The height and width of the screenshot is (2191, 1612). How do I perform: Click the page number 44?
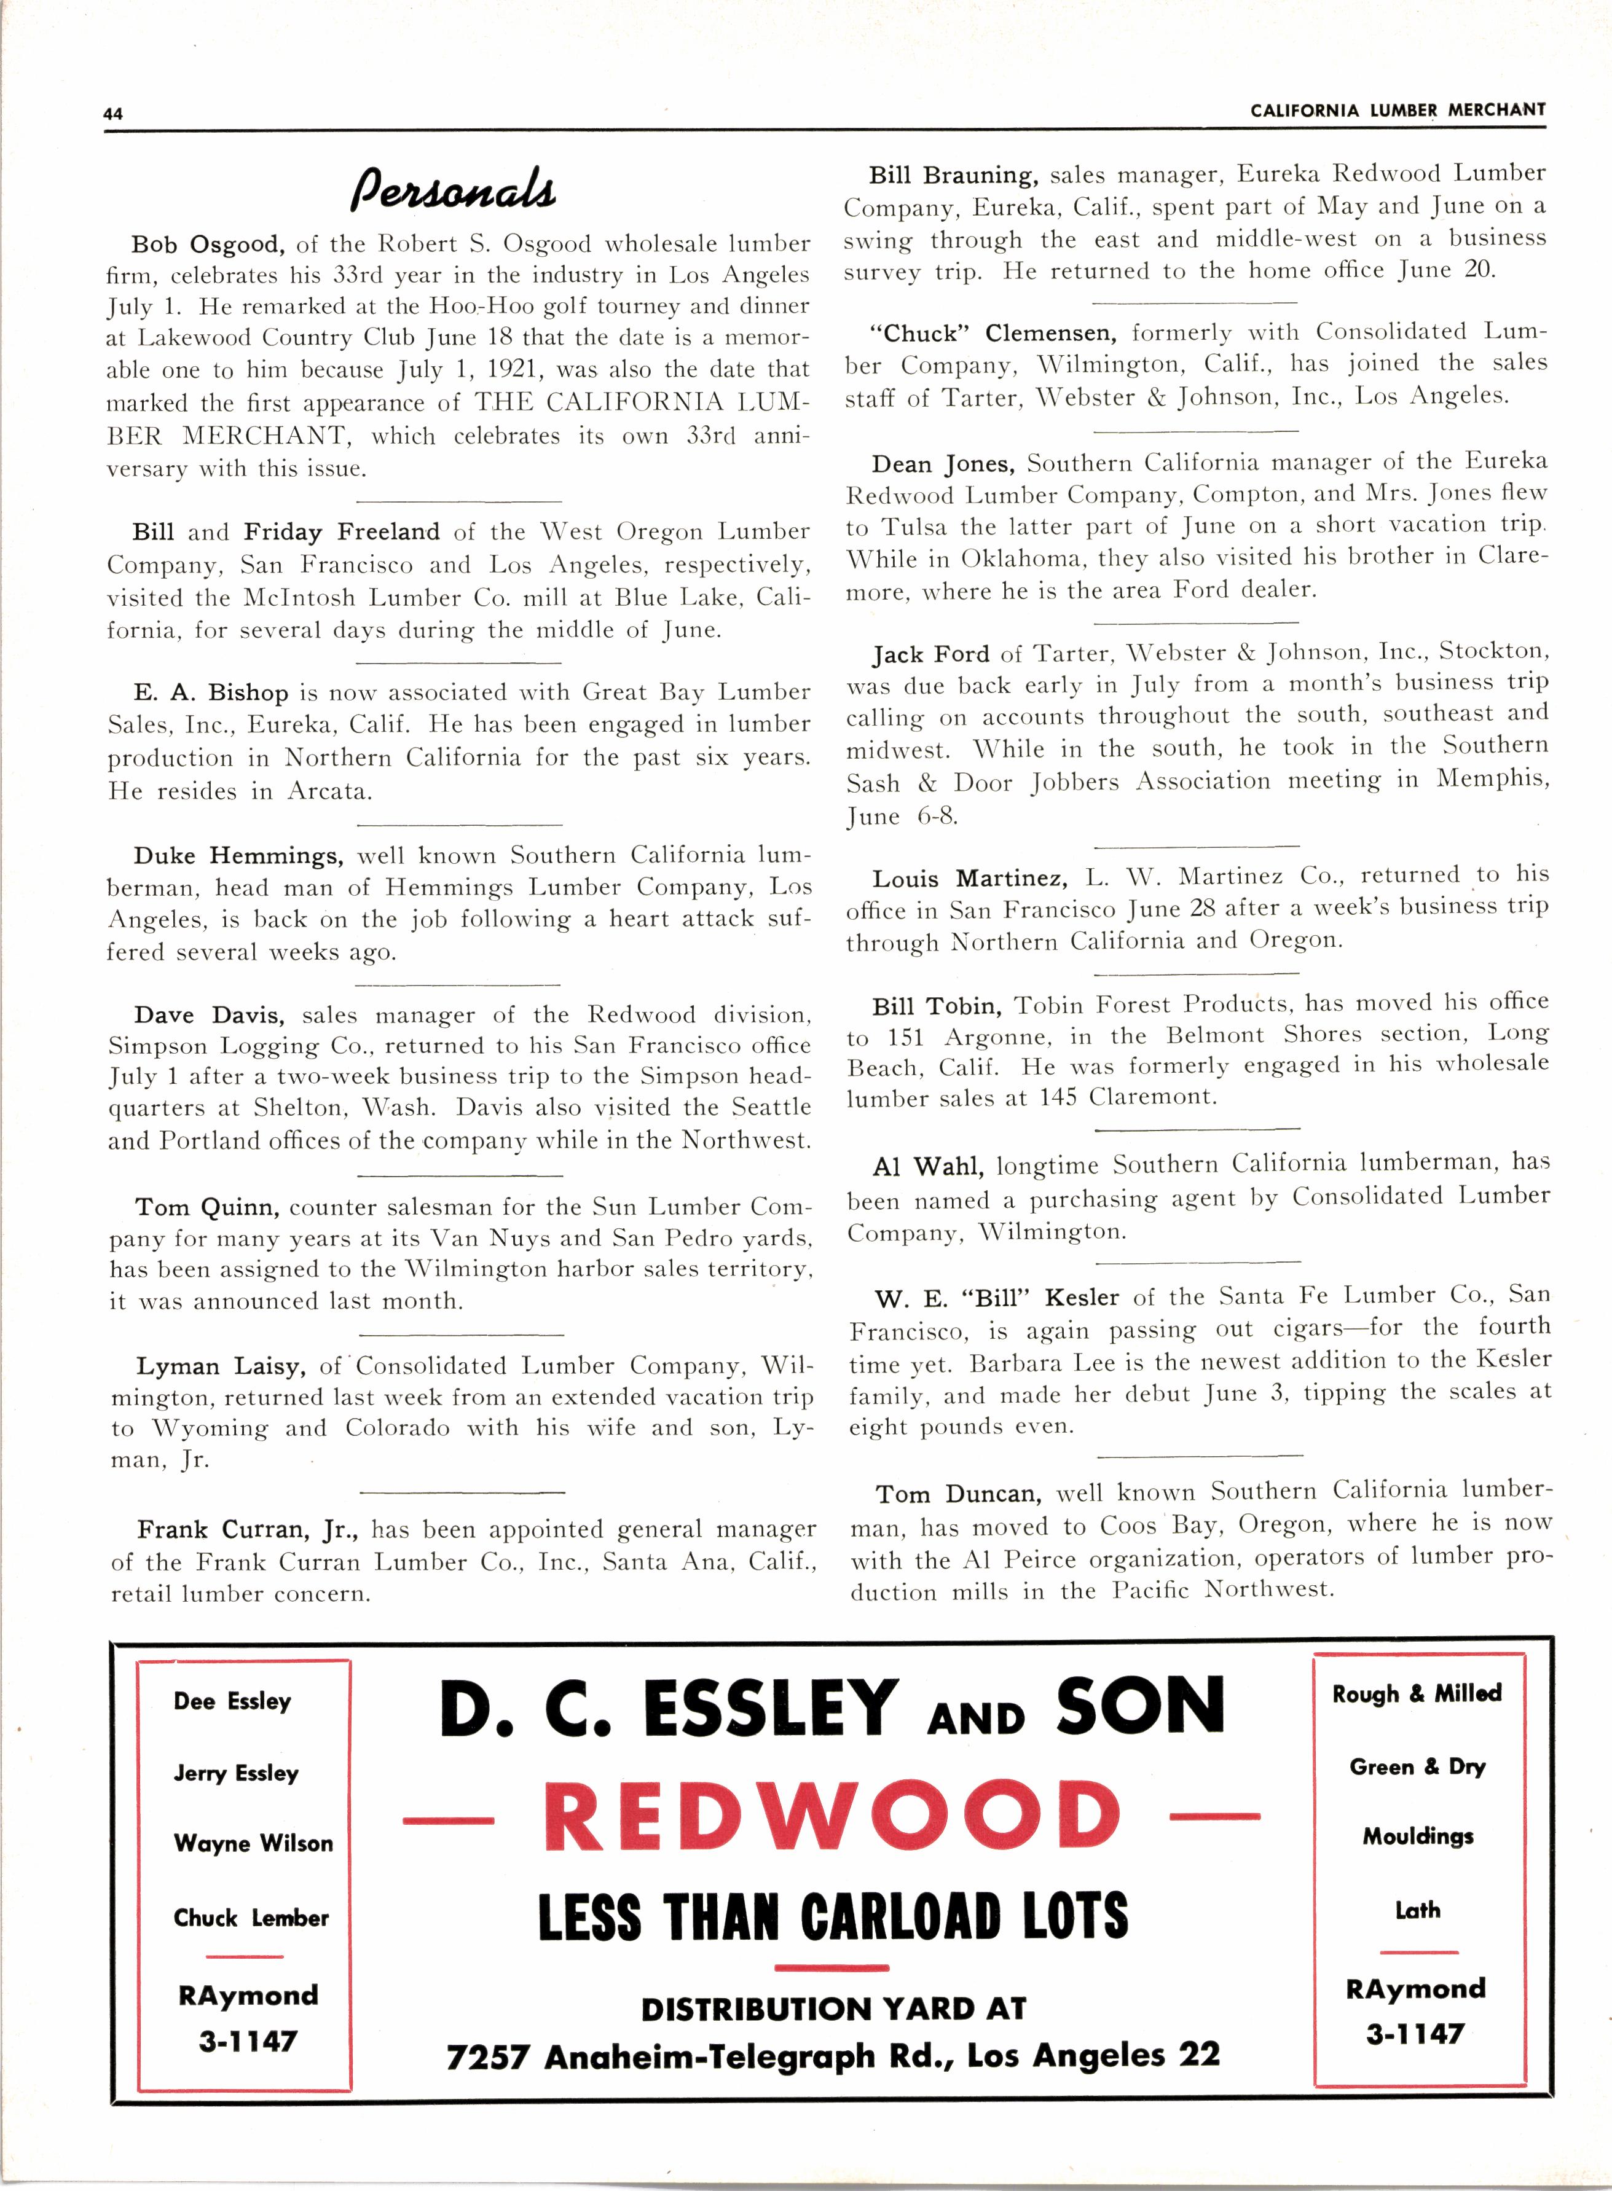(113, 113)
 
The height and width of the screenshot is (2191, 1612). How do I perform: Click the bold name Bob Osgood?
(208, 244)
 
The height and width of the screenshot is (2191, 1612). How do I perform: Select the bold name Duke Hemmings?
(238, 855)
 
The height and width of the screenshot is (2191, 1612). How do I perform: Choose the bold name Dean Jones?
(943, 463)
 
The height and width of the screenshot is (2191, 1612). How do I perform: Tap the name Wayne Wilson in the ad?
(253, 1843)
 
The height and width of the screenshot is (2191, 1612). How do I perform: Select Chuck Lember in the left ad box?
(251, 1918)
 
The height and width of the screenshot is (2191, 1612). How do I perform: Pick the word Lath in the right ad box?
(1417, 1910)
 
